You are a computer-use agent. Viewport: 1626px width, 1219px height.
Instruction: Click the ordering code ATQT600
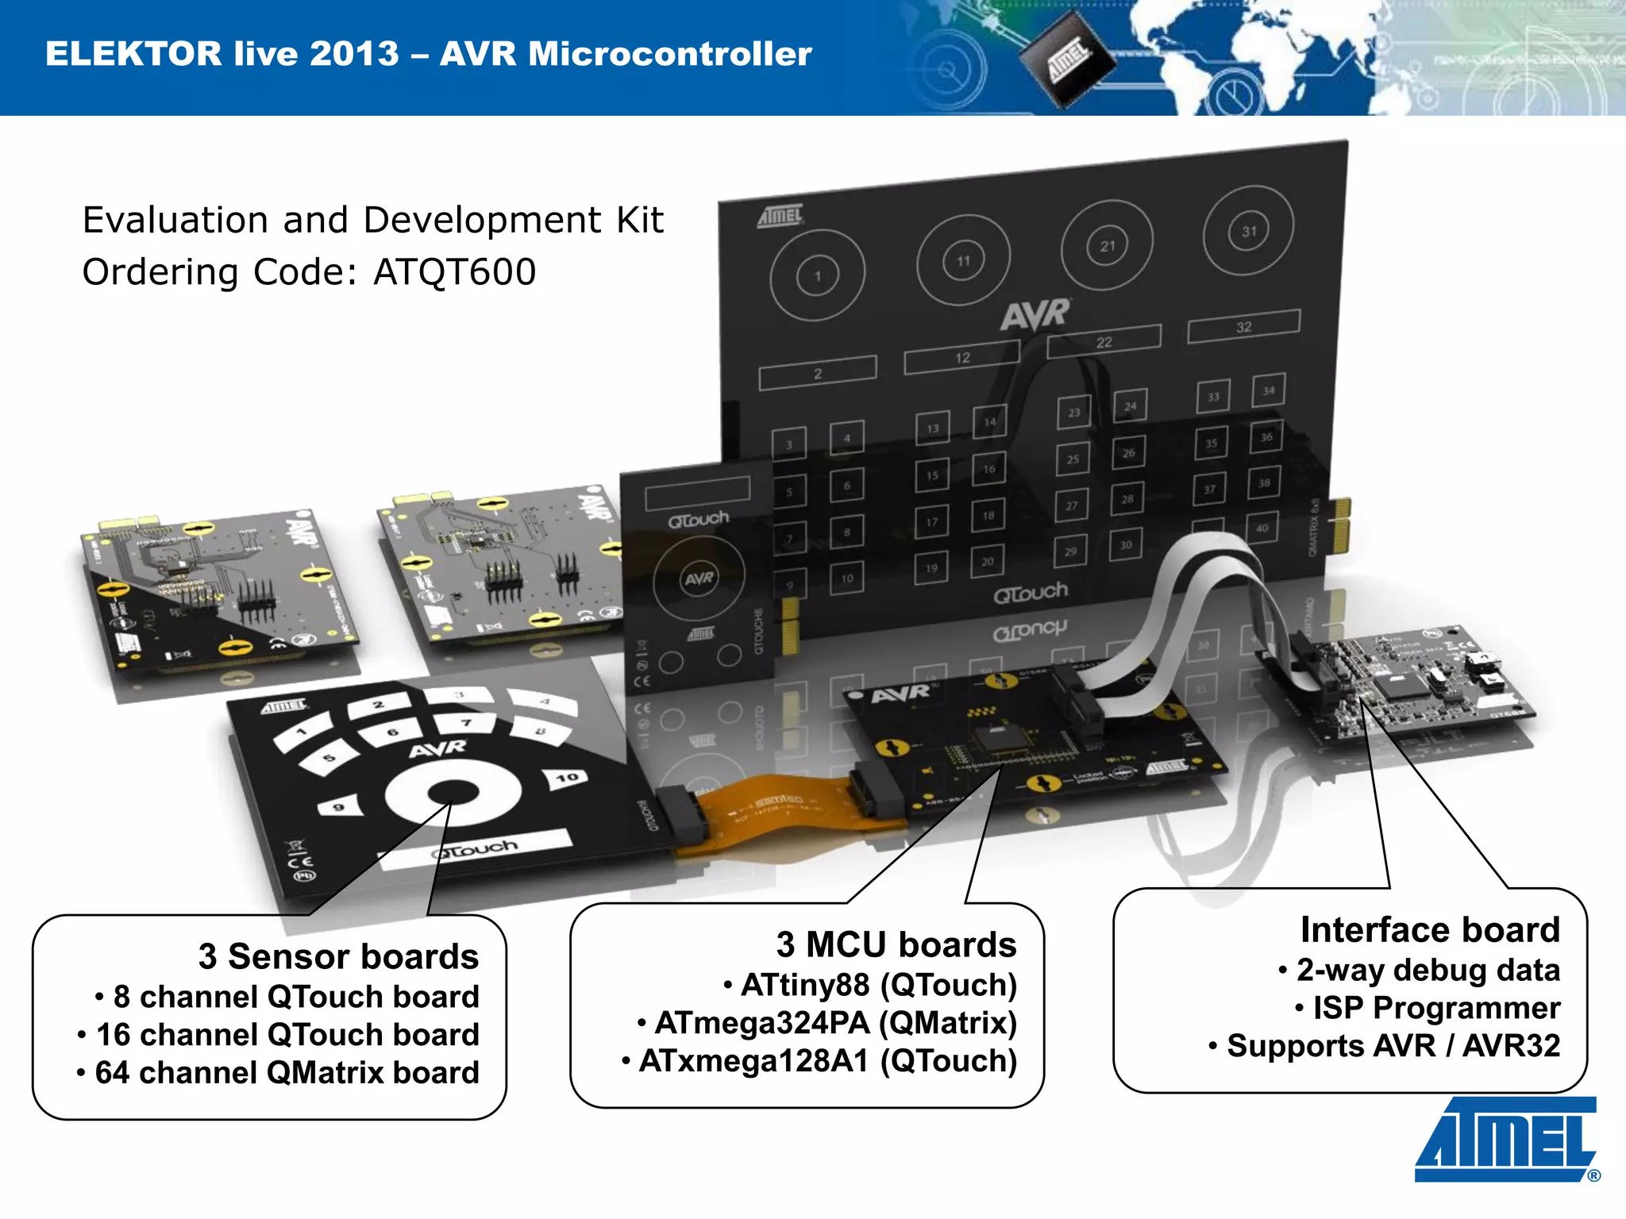(455, 272)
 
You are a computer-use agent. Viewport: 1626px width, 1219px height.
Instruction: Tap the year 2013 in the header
(354, 54)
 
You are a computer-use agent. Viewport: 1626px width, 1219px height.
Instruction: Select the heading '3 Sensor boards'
(338, 956)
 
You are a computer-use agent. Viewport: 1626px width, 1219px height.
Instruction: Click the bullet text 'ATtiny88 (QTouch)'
(879, 985)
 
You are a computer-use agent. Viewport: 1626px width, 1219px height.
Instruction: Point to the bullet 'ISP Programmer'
(1436, 1008)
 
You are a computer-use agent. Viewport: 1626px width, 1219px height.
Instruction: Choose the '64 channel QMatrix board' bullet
(287, 1073)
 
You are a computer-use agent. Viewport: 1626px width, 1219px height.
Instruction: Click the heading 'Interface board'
(1430, 929)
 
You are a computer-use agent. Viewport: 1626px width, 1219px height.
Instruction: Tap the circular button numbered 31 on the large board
(1249, 231)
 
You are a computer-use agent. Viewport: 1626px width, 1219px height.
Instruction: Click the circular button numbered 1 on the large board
(818, 276)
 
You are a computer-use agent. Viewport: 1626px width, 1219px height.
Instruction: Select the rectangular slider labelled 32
(1243, 326)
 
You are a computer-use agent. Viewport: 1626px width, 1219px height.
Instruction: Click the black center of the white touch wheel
(453, 792)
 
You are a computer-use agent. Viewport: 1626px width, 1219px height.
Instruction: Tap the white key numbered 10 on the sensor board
(566, 779)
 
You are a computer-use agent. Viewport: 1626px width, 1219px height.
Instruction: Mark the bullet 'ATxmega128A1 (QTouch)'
(828, 1061)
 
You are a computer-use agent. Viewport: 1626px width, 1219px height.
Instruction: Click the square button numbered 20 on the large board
(987, 561)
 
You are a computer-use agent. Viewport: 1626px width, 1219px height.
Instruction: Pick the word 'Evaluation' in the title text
(175, 220)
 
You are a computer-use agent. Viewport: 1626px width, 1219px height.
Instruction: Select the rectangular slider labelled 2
(818, 373)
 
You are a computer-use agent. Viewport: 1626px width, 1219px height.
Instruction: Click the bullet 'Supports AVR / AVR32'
(1393, 1046)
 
